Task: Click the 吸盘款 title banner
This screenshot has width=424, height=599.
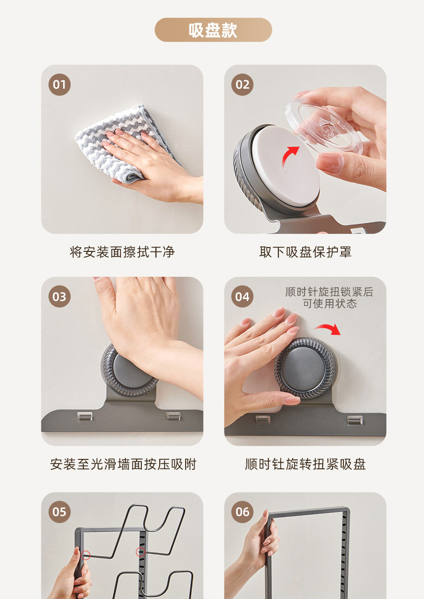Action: (x=213, y=30)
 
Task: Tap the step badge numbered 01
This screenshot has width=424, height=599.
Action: (x=59, y=85)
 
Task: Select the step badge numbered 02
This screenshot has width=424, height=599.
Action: (x=242, y=85)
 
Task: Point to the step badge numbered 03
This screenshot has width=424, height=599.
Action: (x=59, y=296)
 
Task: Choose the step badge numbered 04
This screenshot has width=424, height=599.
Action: (x=242, y=296)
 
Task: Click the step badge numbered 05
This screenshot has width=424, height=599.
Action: (x=59, y=512)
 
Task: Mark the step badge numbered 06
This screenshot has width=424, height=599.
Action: (x=242, y=512)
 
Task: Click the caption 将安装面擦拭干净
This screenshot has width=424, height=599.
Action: (x=122, y=252)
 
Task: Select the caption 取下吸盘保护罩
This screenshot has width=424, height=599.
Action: (x=305, y=252)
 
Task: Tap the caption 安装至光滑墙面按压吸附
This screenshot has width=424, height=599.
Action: (x=123, y=464)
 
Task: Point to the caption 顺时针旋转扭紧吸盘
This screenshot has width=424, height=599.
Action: (x=305, y=464)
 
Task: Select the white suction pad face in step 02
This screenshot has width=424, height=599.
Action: (x=286, y=166)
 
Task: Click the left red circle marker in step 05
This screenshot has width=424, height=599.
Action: (x=85, y=556)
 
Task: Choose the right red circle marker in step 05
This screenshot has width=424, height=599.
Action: (x=140, y=552)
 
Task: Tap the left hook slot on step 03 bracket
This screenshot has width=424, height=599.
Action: (x=85, y=416)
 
